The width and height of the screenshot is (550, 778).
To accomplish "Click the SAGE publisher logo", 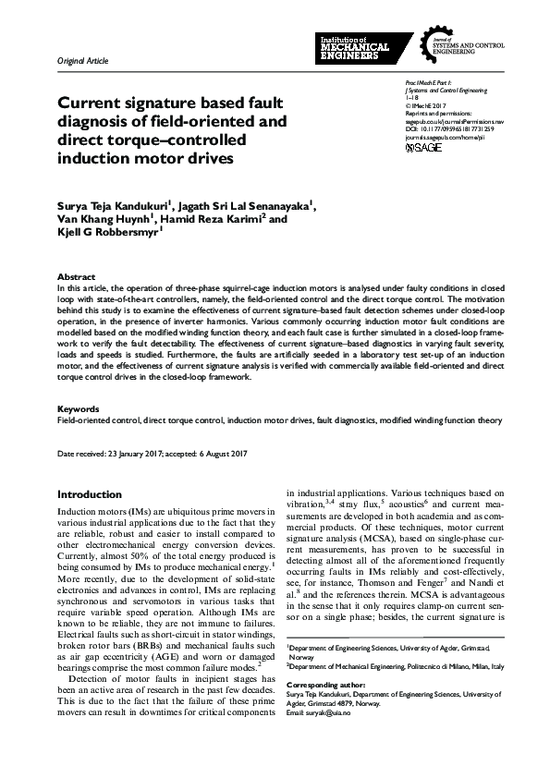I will point(423,147).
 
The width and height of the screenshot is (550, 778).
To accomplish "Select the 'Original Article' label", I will point(82,60).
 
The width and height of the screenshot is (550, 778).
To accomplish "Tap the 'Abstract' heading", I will point(76,276).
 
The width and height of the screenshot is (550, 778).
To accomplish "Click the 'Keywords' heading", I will point(79,408).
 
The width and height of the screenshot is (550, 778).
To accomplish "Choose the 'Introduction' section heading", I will point(90,494).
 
